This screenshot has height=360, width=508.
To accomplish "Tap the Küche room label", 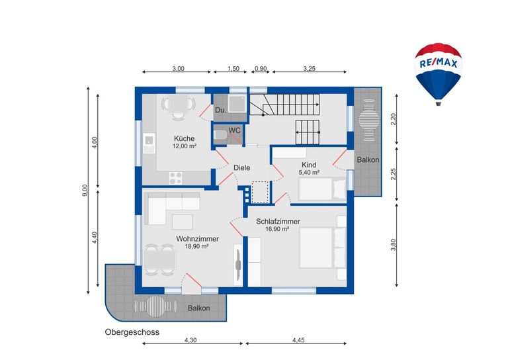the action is tap(185, 138).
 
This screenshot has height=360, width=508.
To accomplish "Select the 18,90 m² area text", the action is tap(196, 246).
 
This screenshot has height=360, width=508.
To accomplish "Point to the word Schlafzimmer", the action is tap(278, 221).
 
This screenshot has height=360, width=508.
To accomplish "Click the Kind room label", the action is tap(309, 165).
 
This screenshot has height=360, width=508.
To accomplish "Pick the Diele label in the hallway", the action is tap(242, 168).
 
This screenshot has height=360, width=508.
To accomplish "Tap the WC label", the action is tap(235, 130).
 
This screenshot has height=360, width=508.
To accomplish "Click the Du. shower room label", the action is tap(221, 110).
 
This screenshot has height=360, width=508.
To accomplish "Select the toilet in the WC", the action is tap(220, 135).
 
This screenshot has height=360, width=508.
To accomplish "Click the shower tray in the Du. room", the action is tap(238, 103).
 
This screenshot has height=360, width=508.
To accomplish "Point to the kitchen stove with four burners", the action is tap(176, 178).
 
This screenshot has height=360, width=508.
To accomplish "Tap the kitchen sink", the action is tap(149, 143).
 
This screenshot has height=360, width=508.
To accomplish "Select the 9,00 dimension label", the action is tap(85, 190).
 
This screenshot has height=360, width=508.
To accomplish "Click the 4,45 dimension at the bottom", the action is tap(298, 340).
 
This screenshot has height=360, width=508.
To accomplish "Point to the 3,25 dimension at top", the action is tap(309, 68).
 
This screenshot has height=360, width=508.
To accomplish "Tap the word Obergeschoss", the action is tap(132, 332).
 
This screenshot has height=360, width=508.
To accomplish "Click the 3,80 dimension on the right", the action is tap(394, 245).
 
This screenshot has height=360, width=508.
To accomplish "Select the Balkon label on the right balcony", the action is tap(368, 159).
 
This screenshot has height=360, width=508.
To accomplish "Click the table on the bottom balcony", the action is tap(155, 306).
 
